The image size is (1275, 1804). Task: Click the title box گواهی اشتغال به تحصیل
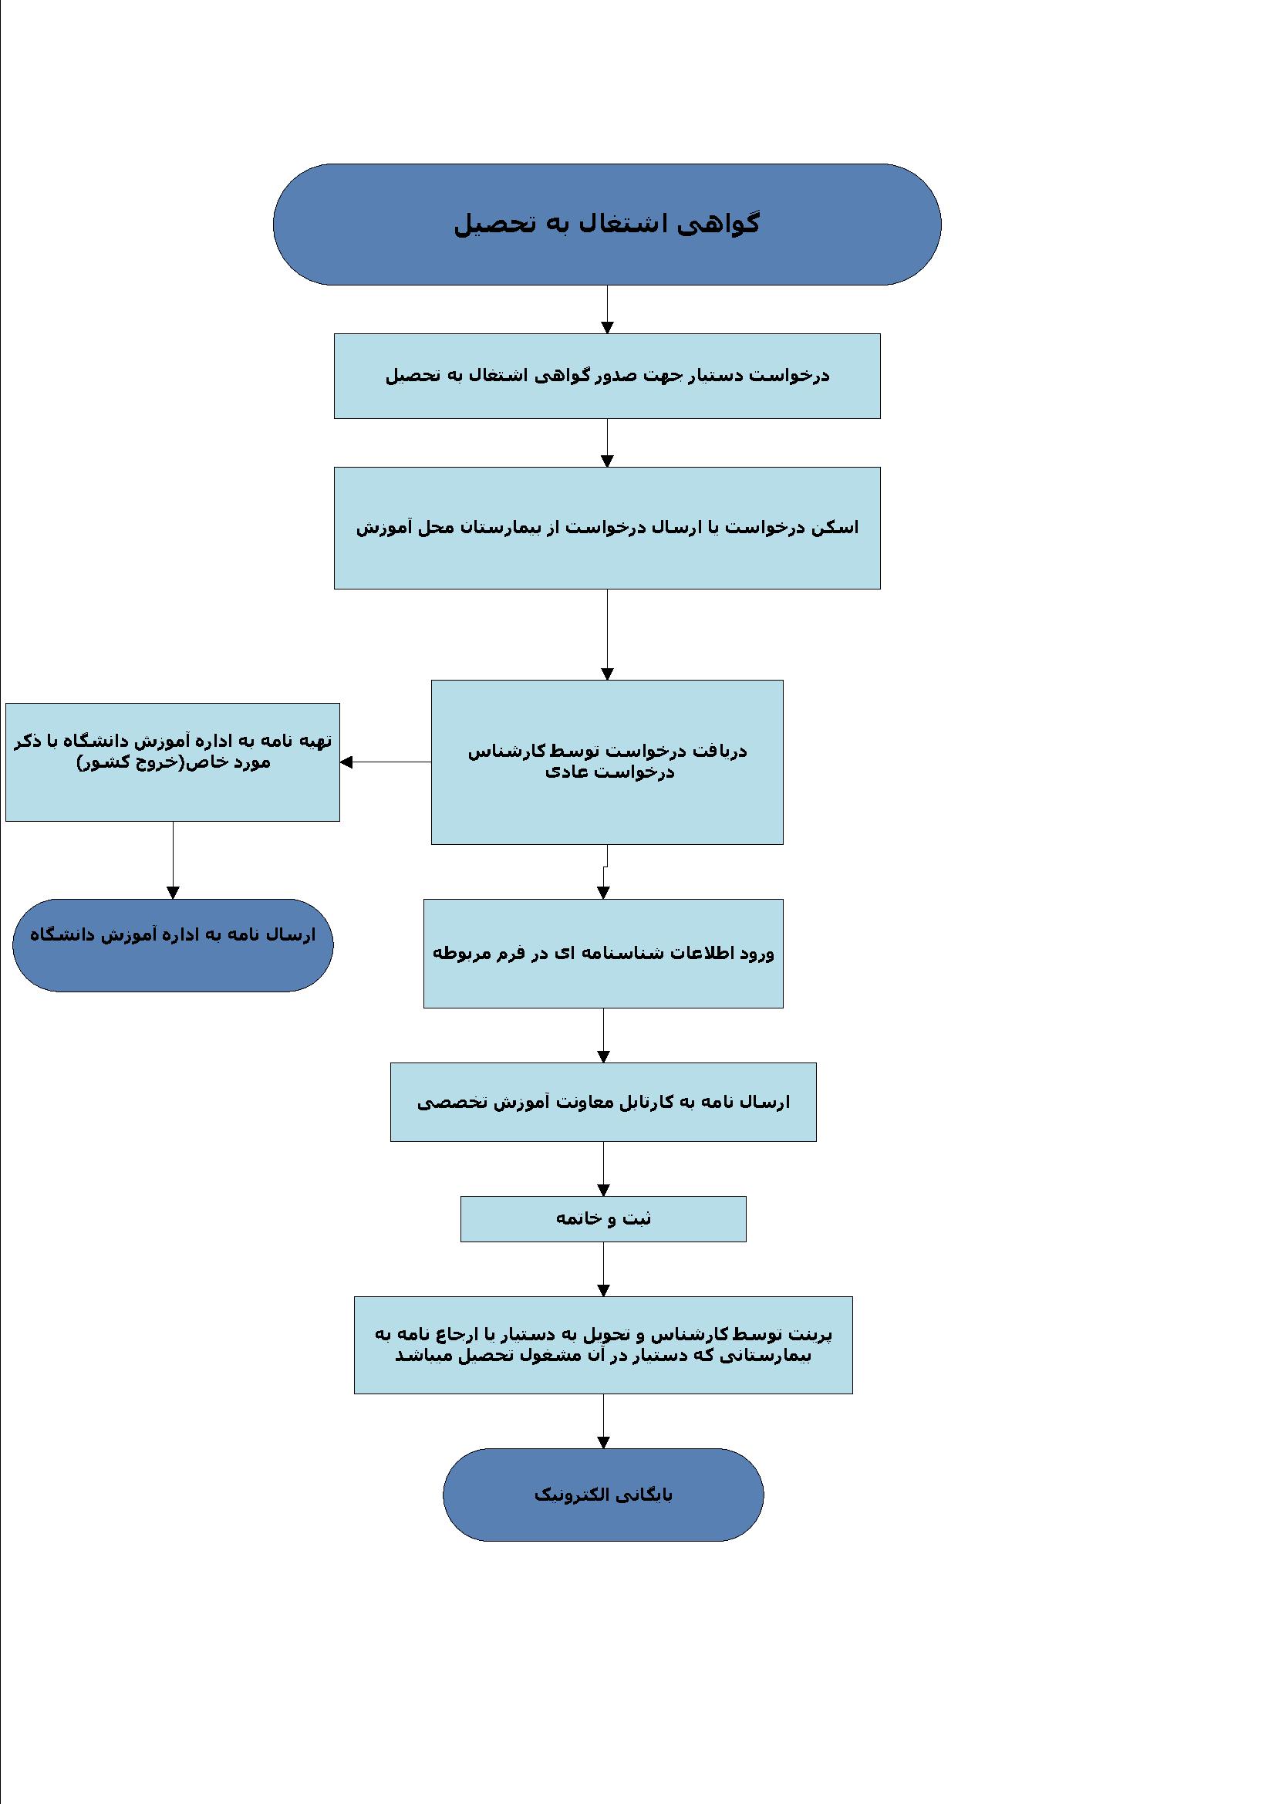tap(606, 224)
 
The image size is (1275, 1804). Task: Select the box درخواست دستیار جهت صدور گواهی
tap(606, 376)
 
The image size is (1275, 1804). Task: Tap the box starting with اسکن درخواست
tap(606, 528)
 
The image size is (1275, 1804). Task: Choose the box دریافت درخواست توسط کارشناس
tap(606, 762)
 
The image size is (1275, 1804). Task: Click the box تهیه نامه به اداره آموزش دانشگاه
tap(173, 762)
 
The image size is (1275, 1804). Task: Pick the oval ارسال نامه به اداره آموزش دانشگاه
tap(173, 945)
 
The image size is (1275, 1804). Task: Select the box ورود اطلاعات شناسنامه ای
tap(603, 953)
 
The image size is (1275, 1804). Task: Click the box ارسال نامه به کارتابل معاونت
tap(603, 1102)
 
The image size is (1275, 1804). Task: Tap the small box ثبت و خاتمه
tap(603, 1218)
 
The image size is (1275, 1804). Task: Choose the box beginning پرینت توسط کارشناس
tap(603, 1345)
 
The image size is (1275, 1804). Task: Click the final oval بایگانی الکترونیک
tap(603, 1495)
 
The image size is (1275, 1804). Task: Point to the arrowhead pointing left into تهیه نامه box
tap(346, 762)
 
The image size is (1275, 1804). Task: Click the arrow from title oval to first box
tap(607, 309)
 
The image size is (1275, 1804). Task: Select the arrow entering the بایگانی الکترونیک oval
tap(603, 1421)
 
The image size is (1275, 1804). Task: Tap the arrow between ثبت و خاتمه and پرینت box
tap(603, 1270)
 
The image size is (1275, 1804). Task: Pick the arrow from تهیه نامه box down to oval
tap(173, 860)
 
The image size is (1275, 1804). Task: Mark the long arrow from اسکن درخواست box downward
tap(607, 635)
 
